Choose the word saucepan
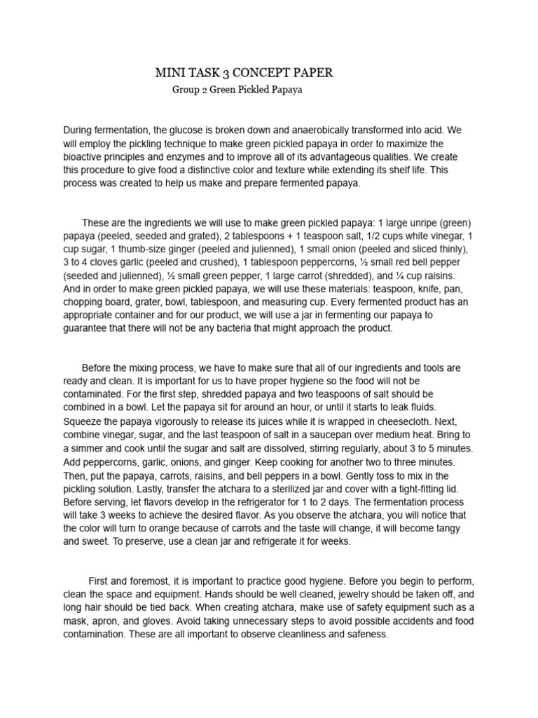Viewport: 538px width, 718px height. pyautogui.click(x=338, y=435)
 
